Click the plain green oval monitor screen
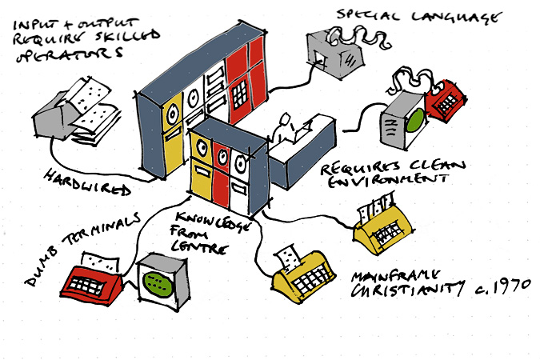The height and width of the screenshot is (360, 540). pyautogui.click(x=414, y=122)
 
